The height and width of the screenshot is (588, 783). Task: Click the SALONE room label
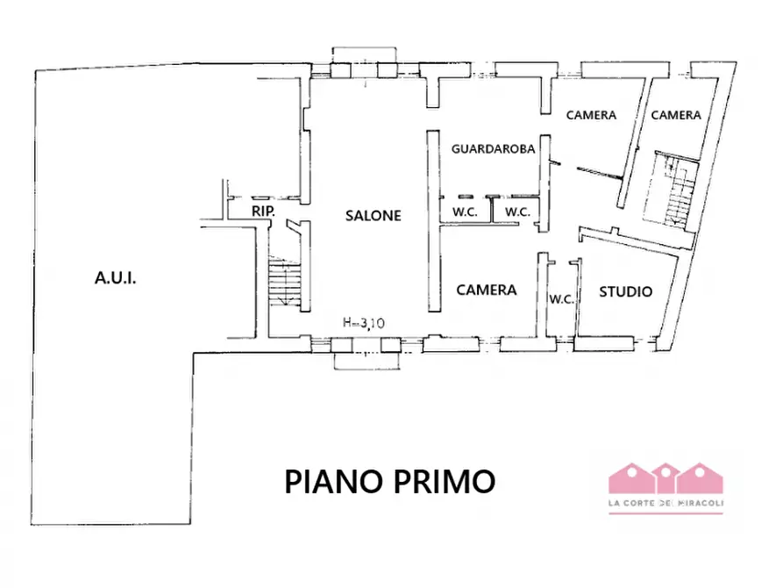(x=373, y=215)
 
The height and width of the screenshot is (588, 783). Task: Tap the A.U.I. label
(x=116, y=279)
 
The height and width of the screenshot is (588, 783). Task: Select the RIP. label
(x=262, y=212)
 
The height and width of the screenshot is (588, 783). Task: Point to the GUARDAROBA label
(x=493, y=149)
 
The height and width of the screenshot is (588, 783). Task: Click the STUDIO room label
(x=625, y=290)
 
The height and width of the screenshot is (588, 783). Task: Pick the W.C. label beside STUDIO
(x=561, y=299)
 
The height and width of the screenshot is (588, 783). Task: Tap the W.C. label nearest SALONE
(x=464, y=212)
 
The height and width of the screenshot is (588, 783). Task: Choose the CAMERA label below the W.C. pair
(x=487, y=290)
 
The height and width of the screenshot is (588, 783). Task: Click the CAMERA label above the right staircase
(x=675, y=115)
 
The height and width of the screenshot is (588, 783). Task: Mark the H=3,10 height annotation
(x=363, y=323)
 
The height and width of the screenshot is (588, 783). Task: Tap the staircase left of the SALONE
(x=284, y=283)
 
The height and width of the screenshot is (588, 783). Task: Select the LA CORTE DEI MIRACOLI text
(x=666, y=503)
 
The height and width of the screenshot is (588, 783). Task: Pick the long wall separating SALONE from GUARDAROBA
(x=431, y=221)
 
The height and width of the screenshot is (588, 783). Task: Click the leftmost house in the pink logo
(x=629, y=478)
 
